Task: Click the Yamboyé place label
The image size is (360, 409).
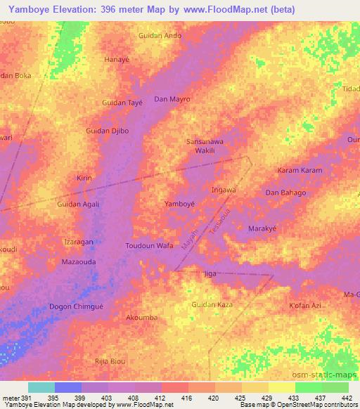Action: pos(179,204)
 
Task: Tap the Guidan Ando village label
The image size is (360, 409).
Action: pos(160,36)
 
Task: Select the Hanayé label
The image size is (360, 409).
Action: pos(117,60)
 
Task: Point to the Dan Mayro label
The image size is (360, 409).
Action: pos(172,99)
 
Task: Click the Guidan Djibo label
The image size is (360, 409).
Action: pos(107,131)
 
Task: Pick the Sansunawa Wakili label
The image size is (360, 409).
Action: pos(204,145)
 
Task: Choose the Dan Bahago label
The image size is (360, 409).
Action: pos(285,193)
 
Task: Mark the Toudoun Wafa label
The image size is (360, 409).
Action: pos(149,246)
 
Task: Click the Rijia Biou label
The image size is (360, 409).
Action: pos(109,361)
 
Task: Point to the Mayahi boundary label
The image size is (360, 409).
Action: pos(190,239)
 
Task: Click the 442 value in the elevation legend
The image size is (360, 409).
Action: pos(345,398)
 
